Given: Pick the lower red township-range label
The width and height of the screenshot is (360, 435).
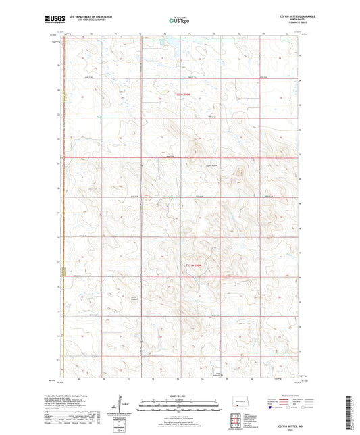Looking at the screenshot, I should tap(194, 265).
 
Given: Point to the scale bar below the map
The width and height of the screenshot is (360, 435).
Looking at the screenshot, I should tap(180, 407).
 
